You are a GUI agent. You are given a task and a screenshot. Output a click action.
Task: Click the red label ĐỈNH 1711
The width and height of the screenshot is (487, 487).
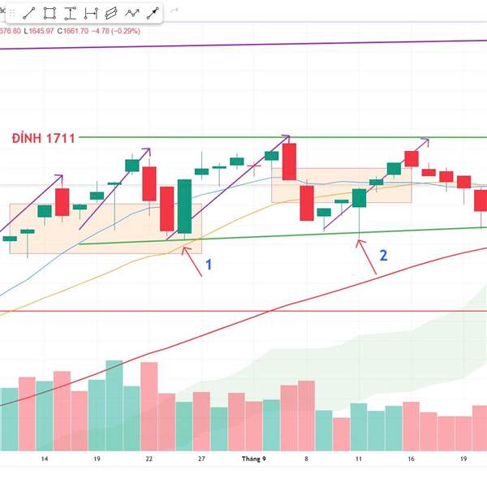(44, 138)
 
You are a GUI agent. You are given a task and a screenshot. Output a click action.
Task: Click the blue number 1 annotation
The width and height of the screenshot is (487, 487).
(209, 265)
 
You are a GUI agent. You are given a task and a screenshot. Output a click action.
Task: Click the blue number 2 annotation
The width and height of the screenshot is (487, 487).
(383, 255)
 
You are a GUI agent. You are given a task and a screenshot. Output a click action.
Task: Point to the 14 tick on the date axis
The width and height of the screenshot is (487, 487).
(44, 459)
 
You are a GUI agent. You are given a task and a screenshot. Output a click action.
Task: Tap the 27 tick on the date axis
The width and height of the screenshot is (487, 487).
(200, 459)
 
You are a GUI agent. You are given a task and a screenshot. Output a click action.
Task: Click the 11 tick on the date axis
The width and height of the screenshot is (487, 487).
(358, 459)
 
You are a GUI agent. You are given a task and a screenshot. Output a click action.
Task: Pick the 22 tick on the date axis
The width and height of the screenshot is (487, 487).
(149, 459)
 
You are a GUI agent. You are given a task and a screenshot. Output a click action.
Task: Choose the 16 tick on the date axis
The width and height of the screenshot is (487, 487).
(411, 459)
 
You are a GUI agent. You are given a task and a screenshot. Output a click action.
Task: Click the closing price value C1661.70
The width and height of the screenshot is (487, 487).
(74, 31)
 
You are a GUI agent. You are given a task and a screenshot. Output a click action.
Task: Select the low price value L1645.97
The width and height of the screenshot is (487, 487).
(38, 31)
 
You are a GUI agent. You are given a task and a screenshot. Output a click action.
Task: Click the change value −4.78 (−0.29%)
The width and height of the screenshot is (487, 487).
(115, 31)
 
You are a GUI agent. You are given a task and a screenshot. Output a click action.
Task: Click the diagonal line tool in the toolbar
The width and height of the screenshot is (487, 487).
(28, 12)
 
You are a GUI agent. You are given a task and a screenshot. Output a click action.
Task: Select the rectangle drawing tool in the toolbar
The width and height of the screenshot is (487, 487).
(50, 12)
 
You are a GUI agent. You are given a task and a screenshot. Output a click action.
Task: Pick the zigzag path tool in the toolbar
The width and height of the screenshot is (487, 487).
(131, 12)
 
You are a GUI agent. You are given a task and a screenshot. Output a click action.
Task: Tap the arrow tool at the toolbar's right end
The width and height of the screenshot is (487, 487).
(152, 12)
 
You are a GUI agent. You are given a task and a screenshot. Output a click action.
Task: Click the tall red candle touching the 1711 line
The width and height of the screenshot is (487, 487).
(290, 162)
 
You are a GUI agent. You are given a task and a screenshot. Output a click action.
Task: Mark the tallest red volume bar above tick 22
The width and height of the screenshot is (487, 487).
(149, 406)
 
